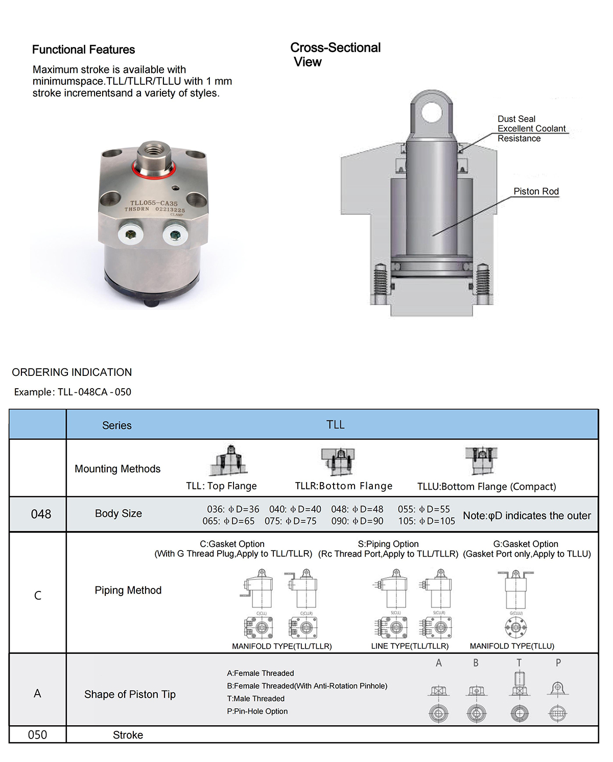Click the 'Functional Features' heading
[83, 50]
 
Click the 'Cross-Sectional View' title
[335, 55]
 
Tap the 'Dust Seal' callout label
[516, 119]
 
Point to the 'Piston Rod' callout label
[536, 192]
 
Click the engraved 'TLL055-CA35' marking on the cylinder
[154, 203]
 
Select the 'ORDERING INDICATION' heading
[72, 372]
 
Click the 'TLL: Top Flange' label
[221, 486]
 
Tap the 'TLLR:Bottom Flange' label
[344, 486]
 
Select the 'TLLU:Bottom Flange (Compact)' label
[486, 487]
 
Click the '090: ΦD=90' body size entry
[357, 521]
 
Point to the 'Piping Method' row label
[128, 590]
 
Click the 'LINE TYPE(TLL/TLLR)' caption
[410, 646]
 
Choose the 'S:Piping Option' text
[388, 544]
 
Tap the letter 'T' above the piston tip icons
[519, 663]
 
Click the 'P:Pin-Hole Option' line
[257, 711]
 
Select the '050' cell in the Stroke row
[37, 735]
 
